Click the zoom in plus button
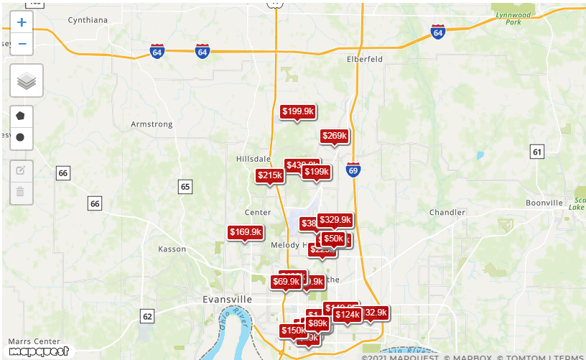pyautogui.click(x=22, y=22)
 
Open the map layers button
pyautogui.click(x=27, y=81)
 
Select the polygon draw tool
pyautogui.click(x=21, y=116)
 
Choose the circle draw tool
pyautogui.click(x=21, y=137)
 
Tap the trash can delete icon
pyautogui.click(x=21, y=191)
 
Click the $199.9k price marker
pyautogui.click(x=297, y=111)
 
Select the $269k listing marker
pyautogui.click(x=334, y=136)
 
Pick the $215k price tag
pyautogui.click(x=270, y=175)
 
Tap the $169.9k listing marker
pyautogui.click(x=246, y=232)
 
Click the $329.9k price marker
pyautogui.click(x=335, y=220)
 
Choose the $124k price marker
pyautogui.click(x=347, y=315)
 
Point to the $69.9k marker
pyautogui.click(x=286, y=282)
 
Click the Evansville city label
pyautogui.click(x=228, y=299)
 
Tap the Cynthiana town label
pyautogui.click(x=88, y=20)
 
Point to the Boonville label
pyautogui.click(x=544, y=203)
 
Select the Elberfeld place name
pyautogui.click(x=365, y=59)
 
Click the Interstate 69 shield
pyautogui.click(x=353, y=170)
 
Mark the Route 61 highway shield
pyautogui.click(x=537, y=152)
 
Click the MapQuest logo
pyautogui.click(x=39, y=351)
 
